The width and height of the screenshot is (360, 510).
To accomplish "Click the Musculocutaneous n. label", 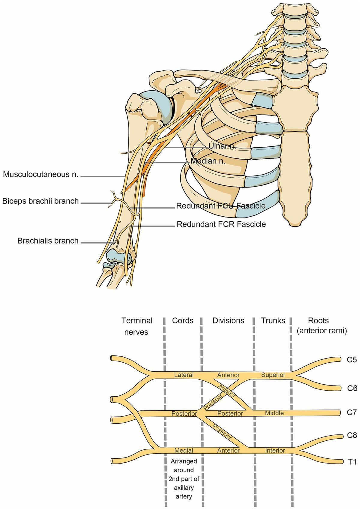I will tap(40, 174).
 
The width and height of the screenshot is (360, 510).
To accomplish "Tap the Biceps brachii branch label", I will tap(40, 201).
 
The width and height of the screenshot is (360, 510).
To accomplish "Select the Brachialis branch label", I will tap(48, 241).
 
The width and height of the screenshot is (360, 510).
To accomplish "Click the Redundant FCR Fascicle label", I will tap(221, 224).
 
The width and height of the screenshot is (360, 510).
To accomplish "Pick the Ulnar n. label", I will tap(222, 146).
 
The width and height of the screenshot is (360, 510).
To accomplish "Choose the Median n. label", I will tap(208, 161).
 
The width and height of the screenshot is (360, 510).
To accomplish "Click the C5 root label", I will tap(352, 359).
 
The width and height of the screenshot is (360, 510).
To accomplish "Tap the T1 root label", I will tap(352, 462).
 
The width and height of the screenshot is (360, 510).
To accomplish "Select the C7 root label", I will tap(352, 412).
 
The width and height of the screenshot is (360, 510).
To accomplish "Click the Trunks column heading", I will tap(273, 320).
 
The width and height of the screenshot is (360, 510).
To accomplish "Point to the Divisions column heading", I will tap(228, 320).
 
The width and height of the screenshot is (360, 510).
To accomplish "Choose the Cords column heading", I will tap(183, 320).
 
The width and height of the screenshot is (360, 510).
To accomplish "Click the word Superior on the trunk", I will tap(273, 375).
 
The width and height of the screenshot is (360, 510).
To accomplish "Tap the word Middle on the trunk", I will tap(274, 413).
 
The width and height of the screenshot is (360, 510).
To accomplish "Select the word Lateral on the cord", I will tap(184, 375).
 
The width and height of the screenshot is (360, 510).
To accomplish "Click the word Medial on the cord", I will tap(184, 450).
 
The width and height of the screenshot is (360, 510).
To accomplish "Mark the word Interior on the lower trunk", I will tap(275, 450).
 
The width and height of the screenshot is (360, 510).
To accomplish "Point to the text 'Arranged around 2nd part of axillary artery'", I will tap(184, 478).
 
